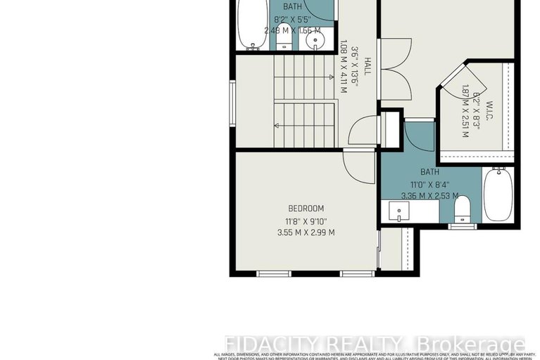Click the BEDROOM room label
point(306,208)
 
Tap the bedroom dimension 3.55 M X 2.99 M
point(306,232)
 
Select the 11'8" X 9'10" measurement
point(306,221)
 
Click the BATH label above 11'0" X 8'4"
point(429,172)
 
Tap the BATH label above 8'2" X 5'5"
point(292,6)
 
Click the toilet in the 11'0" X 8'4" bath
point(462,209)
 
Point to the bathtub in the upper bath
point(250,25)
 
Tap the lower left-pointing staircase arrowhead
point(277,125)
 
